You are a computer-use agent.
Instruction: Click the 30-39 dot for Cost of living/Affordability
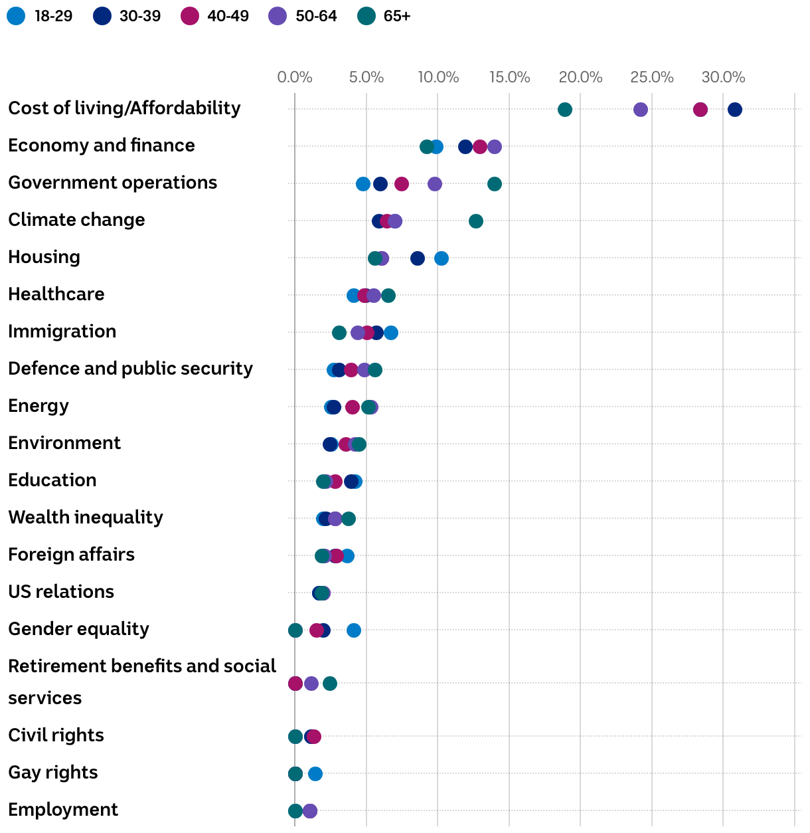[734, 110]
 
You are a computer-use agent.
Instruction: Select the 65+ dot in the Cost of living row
[564, 110]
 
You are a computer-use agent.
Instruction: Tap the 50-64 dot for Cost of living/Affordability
[640, 110]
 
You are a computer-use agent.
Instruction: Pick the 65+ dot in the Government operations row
[494, 184]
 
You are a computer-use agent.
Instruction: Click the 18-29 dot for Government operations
[363, 184]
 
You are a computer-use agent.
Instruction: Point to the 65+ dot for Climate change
[475, 221]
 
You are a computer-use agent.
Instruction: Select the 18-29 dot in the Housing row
[441, 258]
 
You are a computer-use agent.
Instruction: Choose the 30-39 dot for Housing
[417, 258]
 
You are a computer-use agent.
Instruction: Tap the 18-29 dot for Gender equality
[353, 630]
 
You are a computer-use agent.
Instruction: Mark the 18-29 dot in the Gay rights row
[315, 774]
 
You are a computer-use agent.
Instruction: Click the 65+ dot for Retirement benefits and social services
[329, 684]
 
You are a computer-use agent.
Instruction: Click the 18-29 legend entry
[40, 16]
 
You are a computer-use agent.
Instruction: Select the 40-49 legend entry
[215, 16]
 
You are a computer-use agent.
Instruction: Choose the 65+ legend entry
[384, 16]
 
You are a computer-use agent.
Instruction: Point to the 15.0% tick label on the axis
[509, 78]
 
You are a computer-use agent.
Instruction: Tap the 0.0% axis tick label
[295, 78]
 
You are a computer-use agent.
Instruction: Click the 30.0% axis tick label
[723, 78]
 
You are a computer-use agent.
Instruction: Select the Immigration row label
[62, 331]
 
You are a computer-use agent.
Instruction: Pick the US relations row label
[61, 592]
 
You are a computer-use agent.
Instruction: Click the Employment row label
[63, 810]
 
